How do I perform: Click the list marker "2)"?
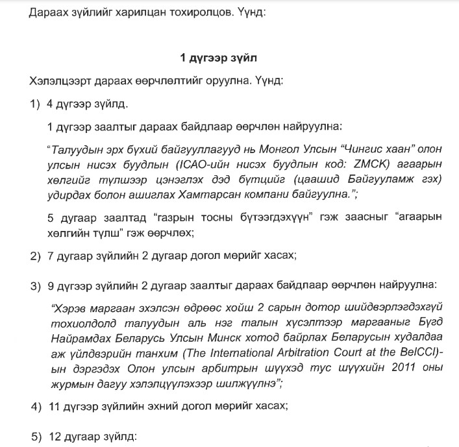pos(35,256)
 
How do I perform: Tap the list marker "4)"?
pos(35,406)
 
